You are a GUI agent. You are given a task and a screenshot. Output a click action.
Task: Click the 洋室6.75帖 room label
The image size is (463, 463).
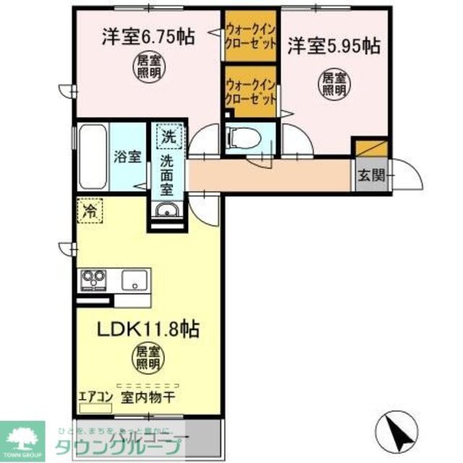click(x=148, y=37)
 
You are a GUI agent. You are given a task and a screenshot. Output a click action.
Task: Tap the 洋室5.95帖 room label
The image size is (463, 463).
click(x=334, y=46)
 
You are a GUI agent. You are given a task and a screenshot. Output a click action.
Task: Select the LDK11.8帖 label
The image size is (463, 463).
click(x=149, y=329)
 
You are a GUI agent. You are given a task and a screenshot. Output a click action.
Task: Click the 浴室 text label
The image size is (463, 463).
click(x=128, y=155)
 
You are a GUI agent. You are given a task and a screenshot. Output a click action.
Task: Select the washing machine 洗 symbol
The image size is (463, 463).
click(x=168, y=135)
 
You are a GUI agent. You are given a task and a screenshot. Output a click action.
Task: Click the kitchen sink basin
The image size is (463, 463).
click(x=135, y=279)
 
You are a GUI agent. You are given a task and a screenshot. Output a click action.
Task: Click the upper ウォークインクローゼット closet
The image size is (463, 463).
click(x=250, y=33)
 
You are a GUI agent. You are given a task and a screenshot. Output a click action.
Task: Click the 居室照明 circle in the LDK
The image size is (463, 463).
click(x=148, y=357)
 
